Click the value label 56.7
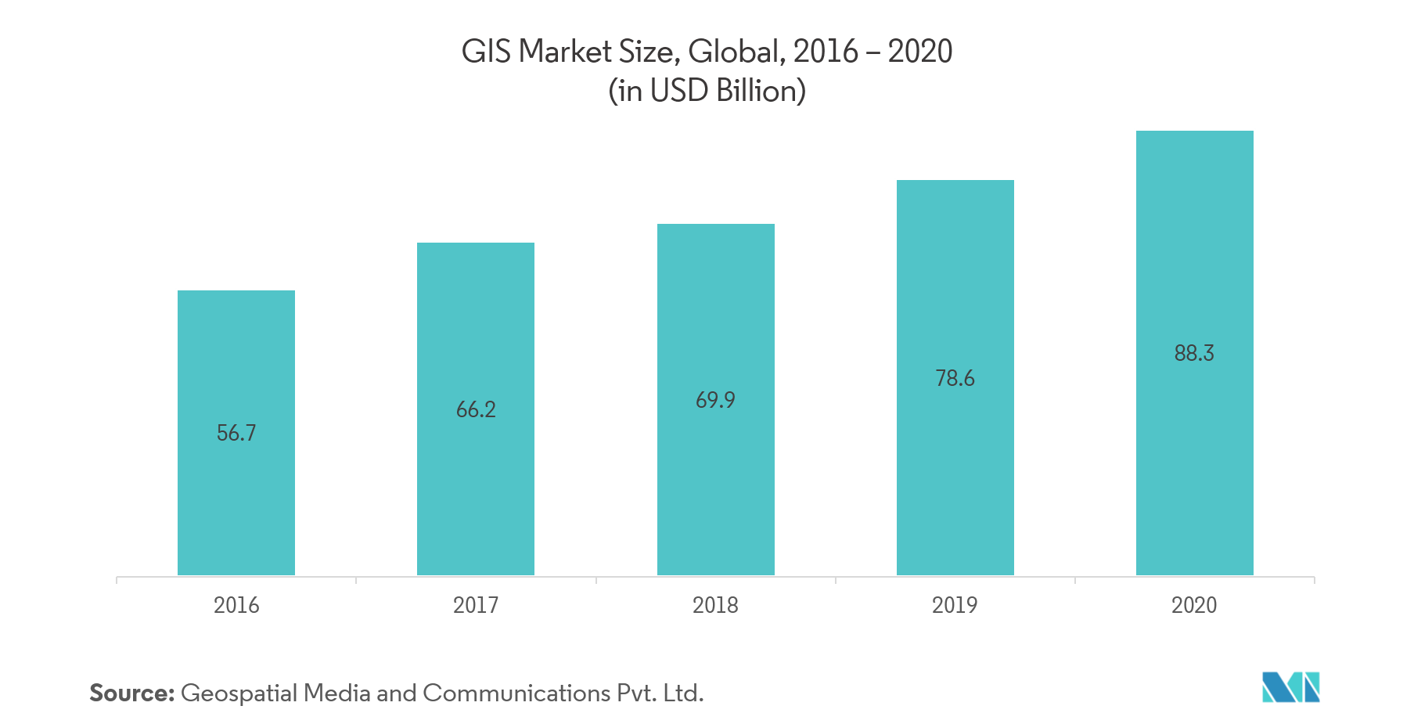[x=236, y=433]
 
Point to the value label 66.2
[x=476, y=409]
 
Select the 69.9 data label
[x=715, y=400]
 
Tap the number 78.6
[x=955, y=378]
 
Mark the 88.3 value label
[x=1194, y=353]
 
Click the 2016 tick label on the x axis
[x=236, y=605]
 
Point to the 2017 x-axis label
[x=476, y=605]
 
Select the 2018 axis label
[x=715, y=605]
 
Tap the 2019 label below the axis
[x=955, y=605]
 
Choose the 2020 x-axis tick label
[x=1194, y=605]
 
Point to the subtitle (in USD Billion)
[x=707, y=91]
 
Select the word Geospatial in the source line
[x=239, y=693]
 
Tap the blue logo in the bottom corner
[x=1290, y=687]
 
